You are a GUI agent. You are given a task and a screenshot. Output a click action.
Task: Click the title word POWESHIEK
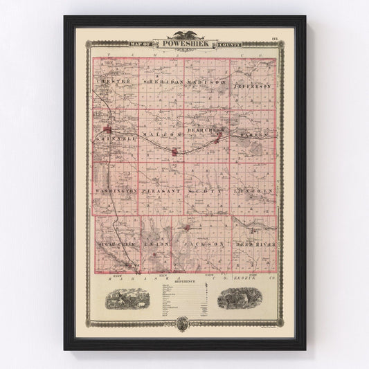[x=184, y=43]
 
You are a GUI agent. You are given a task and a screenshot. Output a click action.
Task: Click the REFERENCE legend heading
[x=184, y=282]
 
